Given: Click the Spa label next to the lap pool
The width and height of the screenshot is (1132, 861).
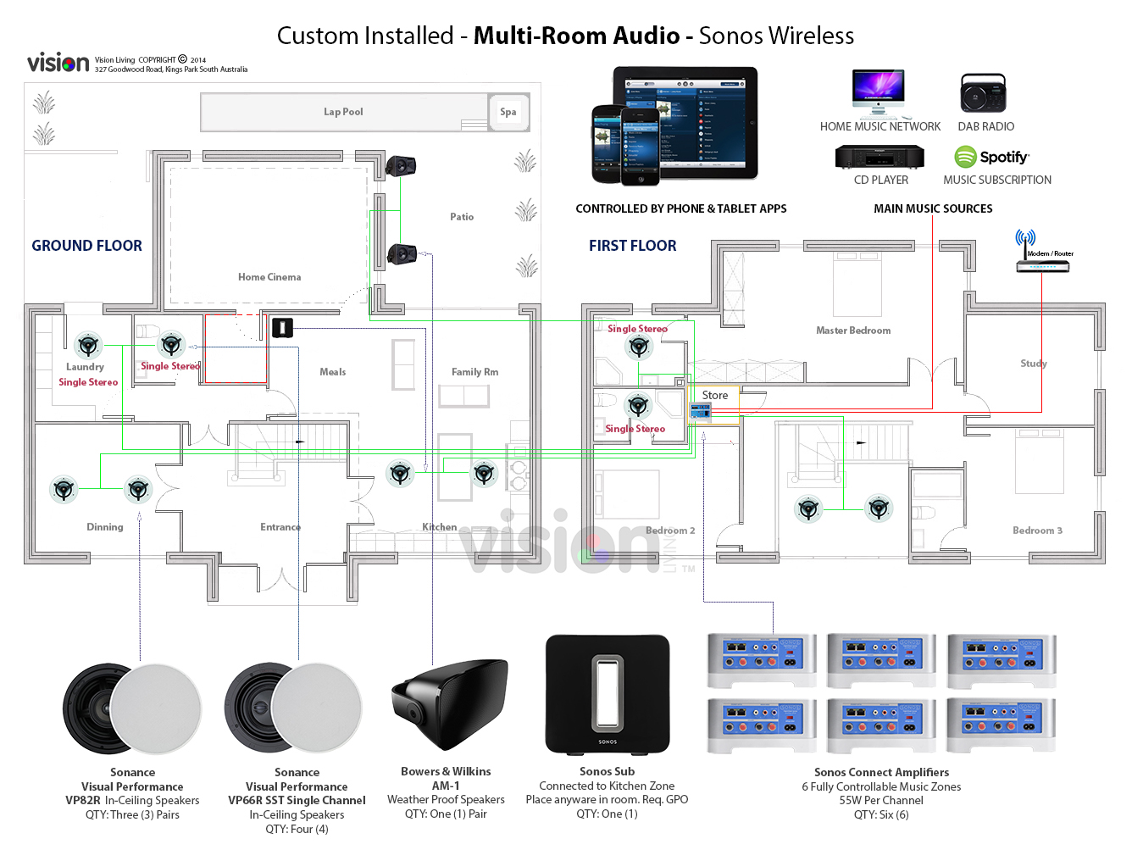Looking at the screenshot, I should tap(508, 112).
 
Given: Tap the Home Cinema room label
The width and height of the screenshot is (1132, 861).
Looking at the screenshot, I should tap(269, 277).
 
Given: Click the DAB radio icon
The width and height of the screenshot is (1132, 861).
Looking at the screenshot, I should tap(983, 93).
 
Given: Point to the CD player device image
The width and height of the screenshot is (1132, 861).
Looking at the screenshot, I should tap(880, 157).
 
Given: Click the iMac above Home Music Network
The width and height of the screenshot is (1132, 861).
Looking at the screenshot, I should tap(879, 92).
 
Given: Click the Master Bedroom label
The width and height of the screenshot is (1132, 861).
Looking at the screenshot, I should tap(853, 331).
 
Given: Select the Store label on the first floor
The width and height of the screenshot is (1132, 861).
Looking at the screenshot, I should tap(715, 396).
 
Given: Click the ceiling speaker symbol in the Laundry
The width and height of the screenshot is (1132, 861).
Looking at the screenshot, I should tap(88, 345).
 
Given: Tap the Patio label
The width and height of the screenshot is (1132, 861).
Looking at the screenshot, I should tap(462, 217).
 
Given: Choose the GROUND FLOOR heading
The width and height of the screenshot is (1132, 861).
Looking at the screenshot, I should tap(86, 246).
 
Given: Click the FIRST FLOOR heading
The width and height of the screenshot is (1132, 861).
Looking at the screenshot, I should tap(633, 246).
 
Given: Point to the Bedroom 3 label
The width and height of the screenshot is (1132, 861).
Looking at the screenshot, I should tap(1037, 530).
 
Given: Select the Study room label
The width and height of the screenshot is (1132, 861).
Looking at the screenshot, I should tap(1034, 364).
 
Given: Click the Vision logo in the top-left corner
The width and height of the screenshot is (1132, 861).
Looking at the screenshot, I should tap(58, 63).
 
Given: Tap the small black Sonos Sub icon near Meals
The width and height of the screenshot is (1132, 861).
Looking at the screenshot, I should tap(282, 328).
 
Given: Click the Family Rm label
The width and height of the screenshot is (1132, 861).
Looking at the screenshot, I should tap(474, 372).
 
